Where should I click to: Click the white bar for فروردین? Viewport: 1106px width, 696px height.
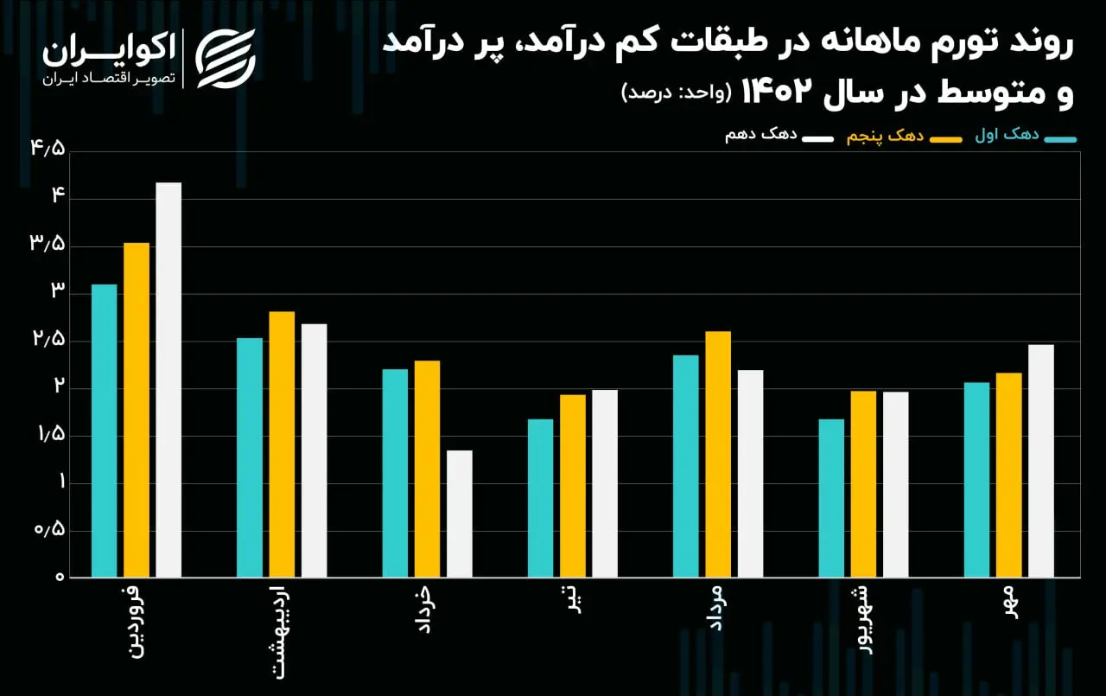pyautogui.click(x=168, y=380)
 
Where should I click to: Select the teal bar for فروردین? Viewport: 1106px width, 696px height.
pyautogui.click(x=105, y=431)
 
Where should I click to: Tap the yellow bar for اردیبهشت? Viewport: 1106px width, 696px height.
pyautogui.click(x=282, y=444)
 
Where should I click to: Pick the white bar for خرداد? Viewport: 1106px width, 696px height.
pyautogui.click(x=460, y=514)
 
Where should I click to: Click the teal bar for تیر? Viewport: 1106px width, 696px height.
pyautogui.click(x=541, y=498)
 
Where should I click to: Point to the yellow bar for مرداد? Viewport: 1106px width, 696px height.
pyautogui.click(x=718, y=454)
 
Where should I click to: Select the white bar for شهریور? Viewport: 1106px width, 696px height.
pyautogui.click(x=896, y=484)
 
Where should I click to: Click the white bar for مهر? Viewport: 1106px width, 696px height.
pyautogui.click(x=1041, y=461)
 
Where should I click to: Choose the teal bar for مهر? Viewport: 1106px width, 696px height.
pyautogui.click(x=976, y=480)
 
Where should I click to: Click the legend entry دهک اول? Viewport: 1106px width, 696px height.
pyautogui.click(x=1026, y=136)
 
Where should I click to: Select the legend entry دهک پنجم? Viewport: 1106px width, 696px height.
pyautogui.click(x=904, y=137)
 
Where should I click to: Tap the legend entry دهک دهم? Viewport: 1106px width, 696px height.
pyautogui.click(x=779, y=136)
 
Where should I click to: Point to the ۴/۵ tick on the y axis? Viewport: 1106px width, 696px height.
pyautogui.click(x=48, y=148)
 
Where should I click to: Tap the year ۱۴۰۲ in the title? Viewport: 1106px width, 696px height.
pyautogui.click(x=777, y=93)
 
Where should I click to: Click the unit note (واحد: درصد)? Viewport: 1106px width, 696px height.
pyautogui.click(x=676, y=93)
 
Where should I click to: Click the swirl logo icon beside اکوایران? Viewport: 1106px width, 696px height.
pyautogui.click(x=226, y=59)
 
